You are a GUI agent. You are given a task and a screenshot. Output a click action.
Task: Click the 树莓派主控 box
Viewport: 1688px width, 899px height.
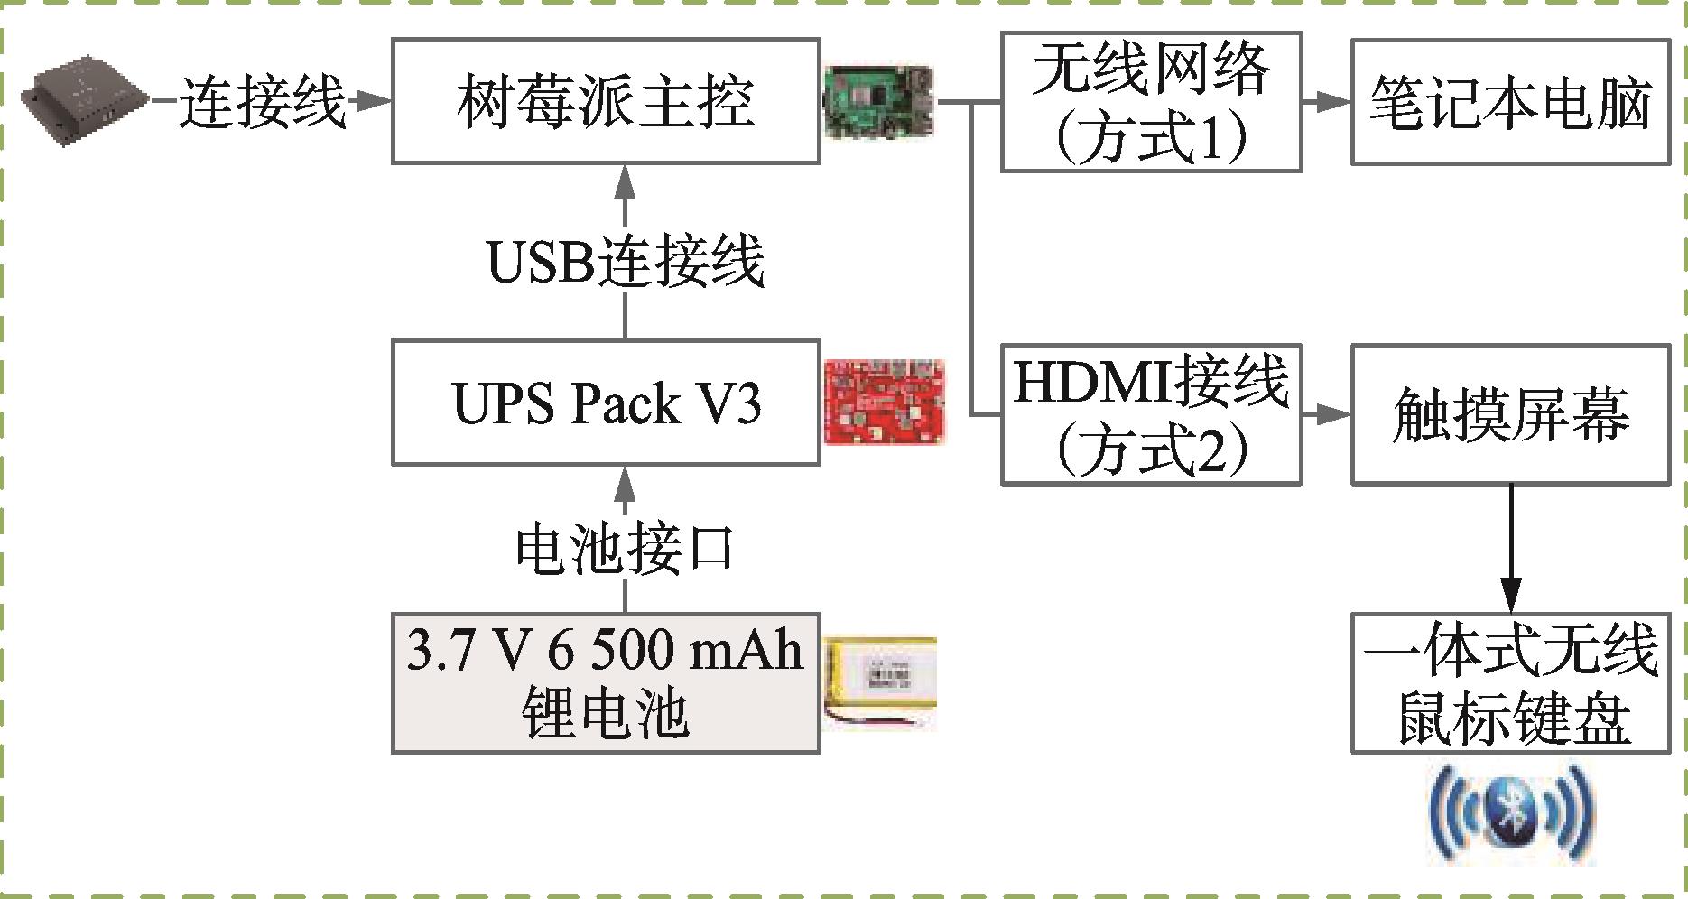[x=605, y=100]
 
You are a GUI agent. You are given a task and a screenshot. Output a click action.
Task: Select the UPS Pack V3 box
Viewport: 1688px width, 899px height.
[x=605, y=403]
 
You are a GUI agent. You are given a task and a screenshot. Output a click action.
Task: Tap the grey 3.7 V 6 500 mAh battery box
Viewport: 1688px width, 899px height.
[x=605, y=683]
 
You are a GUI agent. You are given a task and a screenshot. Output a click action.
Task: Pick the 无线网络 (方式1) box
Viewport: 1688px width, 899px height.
[x=1150, y=102]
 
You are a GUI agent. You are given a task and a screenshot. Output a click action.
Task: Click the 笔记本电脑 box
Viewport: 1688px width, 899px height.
[x=1509, y=102]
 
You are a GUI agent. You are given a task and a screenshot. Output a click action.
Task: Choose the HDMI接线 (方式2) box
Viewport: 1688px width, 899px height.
[x=1150, y=414]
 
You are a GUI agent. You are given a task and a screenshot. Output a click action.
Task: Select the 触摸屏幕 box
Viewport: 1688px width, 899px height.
[x=1509, y=414]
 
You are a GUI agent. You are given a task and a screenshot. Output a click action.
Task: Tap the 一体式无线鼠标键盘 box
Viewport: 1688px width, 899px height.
[x=1509, y=683]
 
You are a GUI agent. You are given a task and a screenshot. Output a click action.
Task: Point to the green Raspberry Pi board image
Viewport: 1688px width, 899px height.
[x=878, y=100]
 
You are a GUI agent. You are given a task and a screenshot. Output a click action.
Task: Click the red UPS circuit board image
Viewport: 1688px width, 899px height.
[x=885, y=402]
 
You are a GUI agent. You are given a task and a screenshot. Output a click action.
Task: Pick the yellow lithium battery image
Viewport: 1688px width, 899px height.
[x=880, y=683]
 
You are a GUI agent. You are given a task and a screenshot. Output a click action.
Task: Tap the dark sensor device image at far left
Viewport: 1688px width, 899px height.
[x=86, y=98]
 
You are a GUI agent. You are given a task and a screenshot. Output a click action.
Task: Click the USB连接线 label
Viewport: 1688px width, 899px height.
[x=625, y=262]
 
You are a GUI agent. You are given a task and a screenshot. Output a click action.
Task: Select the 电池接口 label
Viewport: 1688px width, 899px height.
[x=625, y=547]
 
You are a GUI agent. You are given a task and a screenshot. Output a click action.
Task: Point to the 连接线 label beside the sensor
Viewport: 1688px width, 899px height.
[x=262, y=102]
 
